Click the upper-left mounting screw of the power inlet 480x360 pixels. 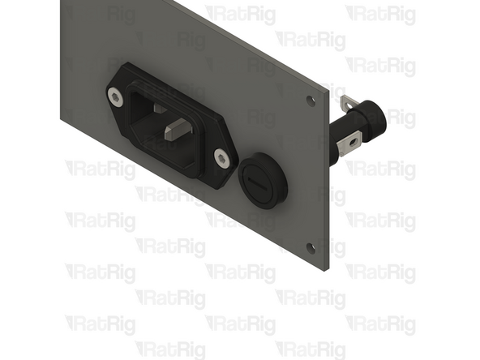point(116,97)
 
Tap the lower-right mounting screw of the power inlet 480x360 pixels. point(221,156)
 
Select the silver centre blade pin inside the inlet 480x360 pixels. point(177,127)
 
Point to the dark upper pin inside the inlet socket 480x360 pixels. point(159,106)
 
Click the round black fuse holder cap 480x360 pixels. point(262,181)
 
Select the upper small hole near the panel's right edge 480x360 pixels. point(311,101)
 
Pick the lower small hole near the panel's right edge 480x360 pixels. point(311,247)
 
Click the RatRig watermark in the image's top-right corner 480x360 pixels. point(380,15)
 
